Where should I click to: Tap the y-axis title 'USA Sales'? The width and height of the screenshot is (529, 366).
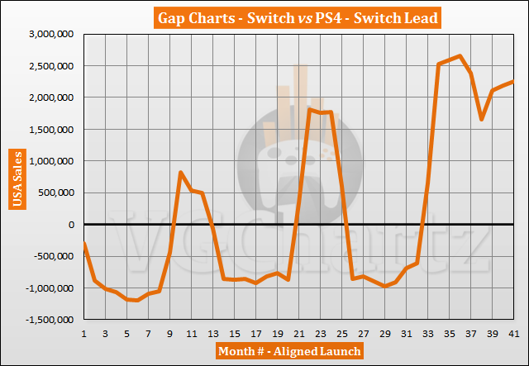pos(15,177)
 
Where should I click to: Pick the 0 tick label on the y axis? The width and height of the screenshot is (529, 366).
pos(72,225)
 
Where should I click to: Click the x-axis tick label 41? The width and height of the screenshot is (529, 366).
pos(512,333)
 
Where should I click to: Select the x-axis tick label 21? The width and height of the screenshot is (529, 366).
pos(298,333)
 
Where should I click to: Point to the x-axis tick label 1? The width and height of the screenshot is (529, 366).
pos(84,333)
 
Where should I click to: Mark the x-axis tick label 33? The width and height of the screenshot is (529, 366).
pos(427,333)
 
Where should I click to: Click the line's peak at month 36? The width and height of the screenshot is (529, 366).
pos(460,56)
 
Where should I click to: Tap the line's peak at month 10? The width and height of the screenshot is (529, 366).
pos(181,172)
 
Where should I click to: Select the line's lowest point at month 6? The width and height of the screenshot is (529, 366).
pos(138,301)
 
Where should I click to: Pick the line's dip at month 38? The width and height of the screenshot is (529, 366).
pos(481,120)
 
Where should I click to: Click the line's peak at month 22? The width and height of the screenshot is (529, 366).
pos(309,109)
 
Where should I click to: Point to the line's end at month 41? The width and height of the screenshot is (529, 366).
pos(513,81)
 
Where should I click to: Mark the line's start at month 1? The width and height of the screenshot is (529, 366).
pos(84,242)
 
